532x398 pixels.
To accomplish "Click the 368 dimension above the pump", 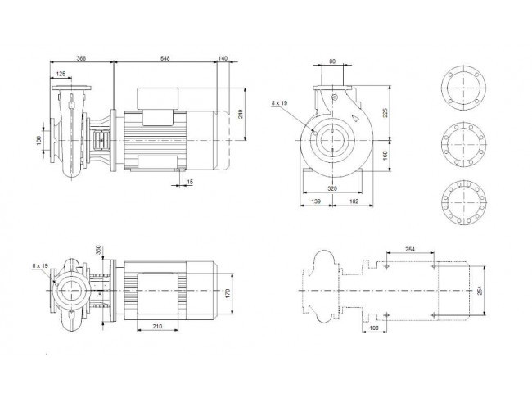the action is [81, 58].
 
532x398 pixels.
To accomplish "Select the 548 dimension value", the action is [165, 58].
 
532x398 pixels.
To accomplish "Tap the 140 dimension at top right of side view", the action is [223, 58].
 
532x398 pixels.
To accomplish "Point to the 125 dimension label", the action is [61, 74].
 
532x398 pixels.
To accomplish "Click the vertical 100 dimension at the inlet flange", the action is [38, 140].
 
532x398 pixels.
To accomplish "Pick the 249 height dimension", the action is [241, 114].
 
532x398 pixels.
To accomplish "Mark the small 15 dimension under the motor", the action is [190, 182].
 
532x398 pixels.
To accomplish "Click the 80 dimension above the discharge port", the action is [332, 61].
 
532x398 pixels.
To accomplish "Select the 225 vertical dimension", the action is [385, 113].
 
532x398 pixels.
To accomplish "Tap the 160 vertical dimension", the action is [385, 156].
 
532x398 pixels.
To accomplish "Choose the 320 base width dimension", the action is [332, 188].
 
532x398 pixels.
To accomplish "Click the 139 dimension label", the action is [316, 201].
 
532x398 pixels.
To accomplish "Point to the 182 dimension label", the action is [354, 201].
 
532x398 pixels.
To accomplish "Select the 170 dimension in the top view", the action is [228, 293].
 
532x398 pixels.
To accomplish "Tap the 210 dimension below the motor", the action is [157, 327].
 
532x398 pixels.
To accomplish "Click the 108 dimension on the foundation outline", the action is [373, 328].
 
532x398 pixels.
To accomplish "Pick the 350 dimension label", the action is [99, 250].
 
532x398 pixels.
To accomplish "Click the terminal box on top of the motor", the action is [158, 98].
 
